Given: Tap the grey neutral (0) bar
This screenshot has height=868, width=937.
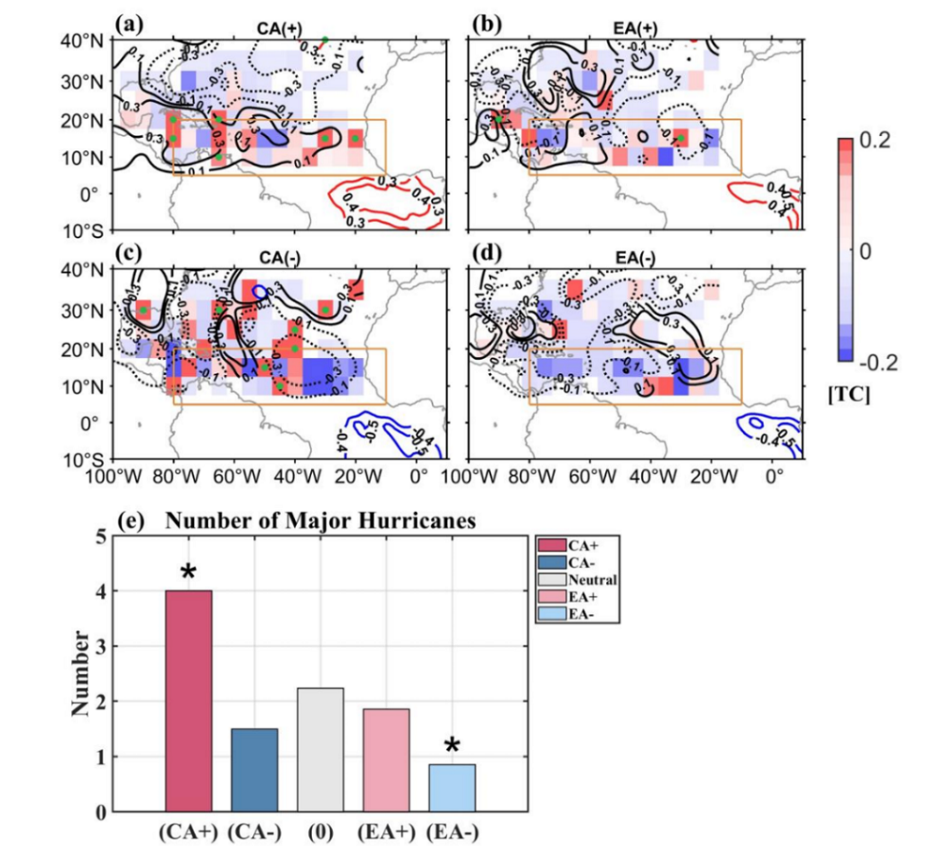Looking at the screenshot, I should point(320,749).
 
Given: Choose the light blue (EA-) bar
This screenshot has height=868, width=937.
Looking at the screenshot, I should point(452,787).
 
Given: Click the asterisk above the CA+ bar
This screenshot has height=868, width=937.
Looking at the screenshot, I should point(188,573).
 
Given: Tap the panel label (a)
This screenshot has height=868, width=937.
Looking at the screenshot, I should point(126,21).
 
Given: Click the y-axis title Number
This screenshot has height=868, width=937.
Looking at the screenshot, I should point(83,673).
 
